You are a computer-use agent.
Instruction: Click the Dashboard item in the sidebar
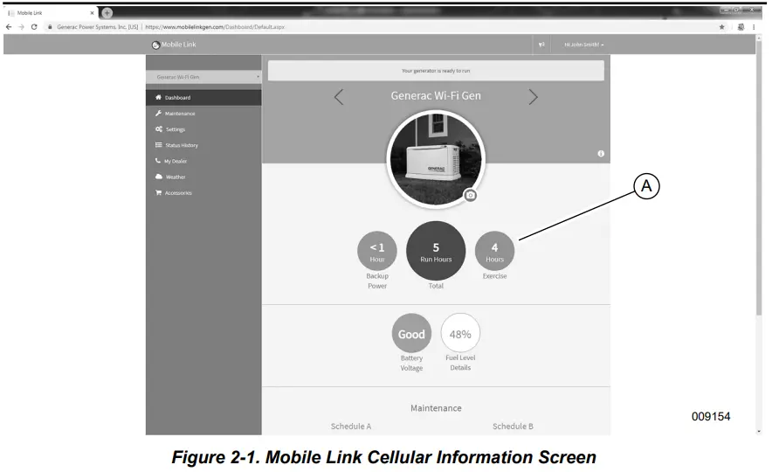177,98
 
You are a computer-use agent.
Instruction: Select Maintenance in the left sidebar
180,114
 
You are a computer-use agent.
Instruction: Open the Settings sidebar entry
175,129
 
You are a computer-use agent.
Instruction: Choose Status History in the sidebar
181,145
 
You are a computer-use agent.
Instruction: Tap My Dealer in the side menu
176,161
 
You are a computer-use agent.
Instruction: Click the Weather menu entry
175,177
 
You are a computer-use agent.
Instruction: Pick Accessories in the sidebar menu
178,192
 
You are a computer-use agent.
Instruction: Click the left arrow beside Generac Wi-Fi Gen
339,97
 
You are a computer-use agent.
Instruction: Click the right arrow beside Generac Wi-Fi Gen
533,97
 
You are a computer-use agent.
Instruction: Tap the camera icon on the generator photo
471,196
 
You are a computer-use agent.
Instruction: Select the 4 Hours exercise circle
494,251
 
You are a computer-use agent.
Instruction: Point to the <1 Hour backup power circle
377,251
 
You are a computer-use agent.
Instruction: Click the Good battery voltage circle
411,333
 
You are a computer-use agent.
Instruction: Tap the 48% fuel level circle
460,333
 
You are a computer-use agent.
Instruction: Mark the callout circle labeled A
646,185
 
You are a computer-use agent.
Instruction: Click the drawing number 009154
710,416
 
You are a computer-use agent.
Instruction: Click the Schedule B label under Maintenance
513,427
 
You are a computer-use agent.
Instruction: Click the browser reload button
34,27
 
